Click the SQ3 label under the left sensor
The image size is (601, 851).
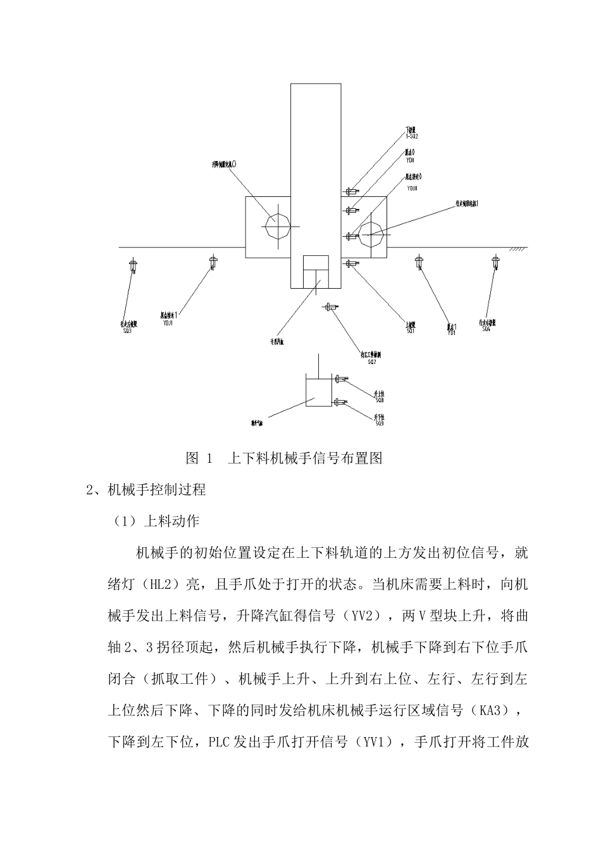pos(127,331)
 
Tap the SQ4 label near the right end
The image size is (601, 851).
pos(486,329)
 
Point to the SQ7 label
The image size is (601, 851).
pos(371,362)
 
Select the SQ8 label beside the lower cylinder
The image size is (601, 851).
pos(379,400)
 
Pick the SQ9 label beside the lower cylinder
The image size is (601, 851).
pos(379,423)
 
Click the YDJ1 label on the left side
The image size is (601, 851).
pos(168,322)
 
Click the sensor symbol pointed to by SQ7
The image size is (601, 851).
pos(331,307)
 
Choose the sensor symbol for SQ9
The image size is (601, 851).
pos(341,401)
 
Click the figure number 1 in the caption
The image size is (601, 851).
pos(208,458)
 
